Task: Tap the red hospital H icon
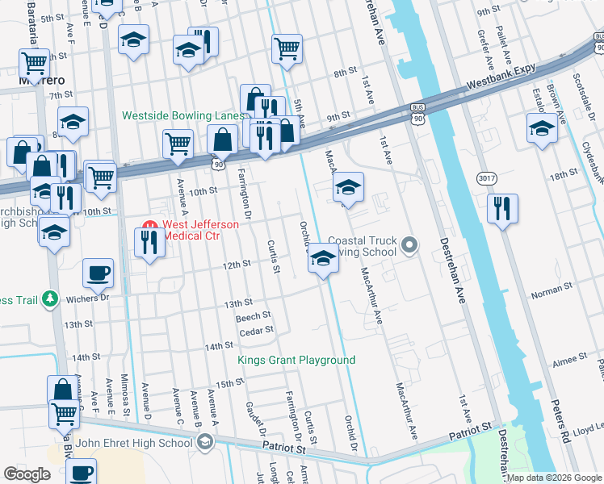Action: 149,225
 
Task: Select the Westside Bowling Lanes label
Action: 182,115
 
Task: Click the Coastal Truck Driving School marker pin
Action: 411,244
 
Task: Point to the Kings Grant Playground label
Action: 296,360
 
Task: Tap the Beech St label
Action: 253,317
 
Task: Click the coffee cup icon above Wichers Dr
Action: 99,273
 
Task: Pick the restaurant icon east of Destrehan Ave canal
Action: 502,207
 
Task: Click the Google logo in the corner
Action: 27,474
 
